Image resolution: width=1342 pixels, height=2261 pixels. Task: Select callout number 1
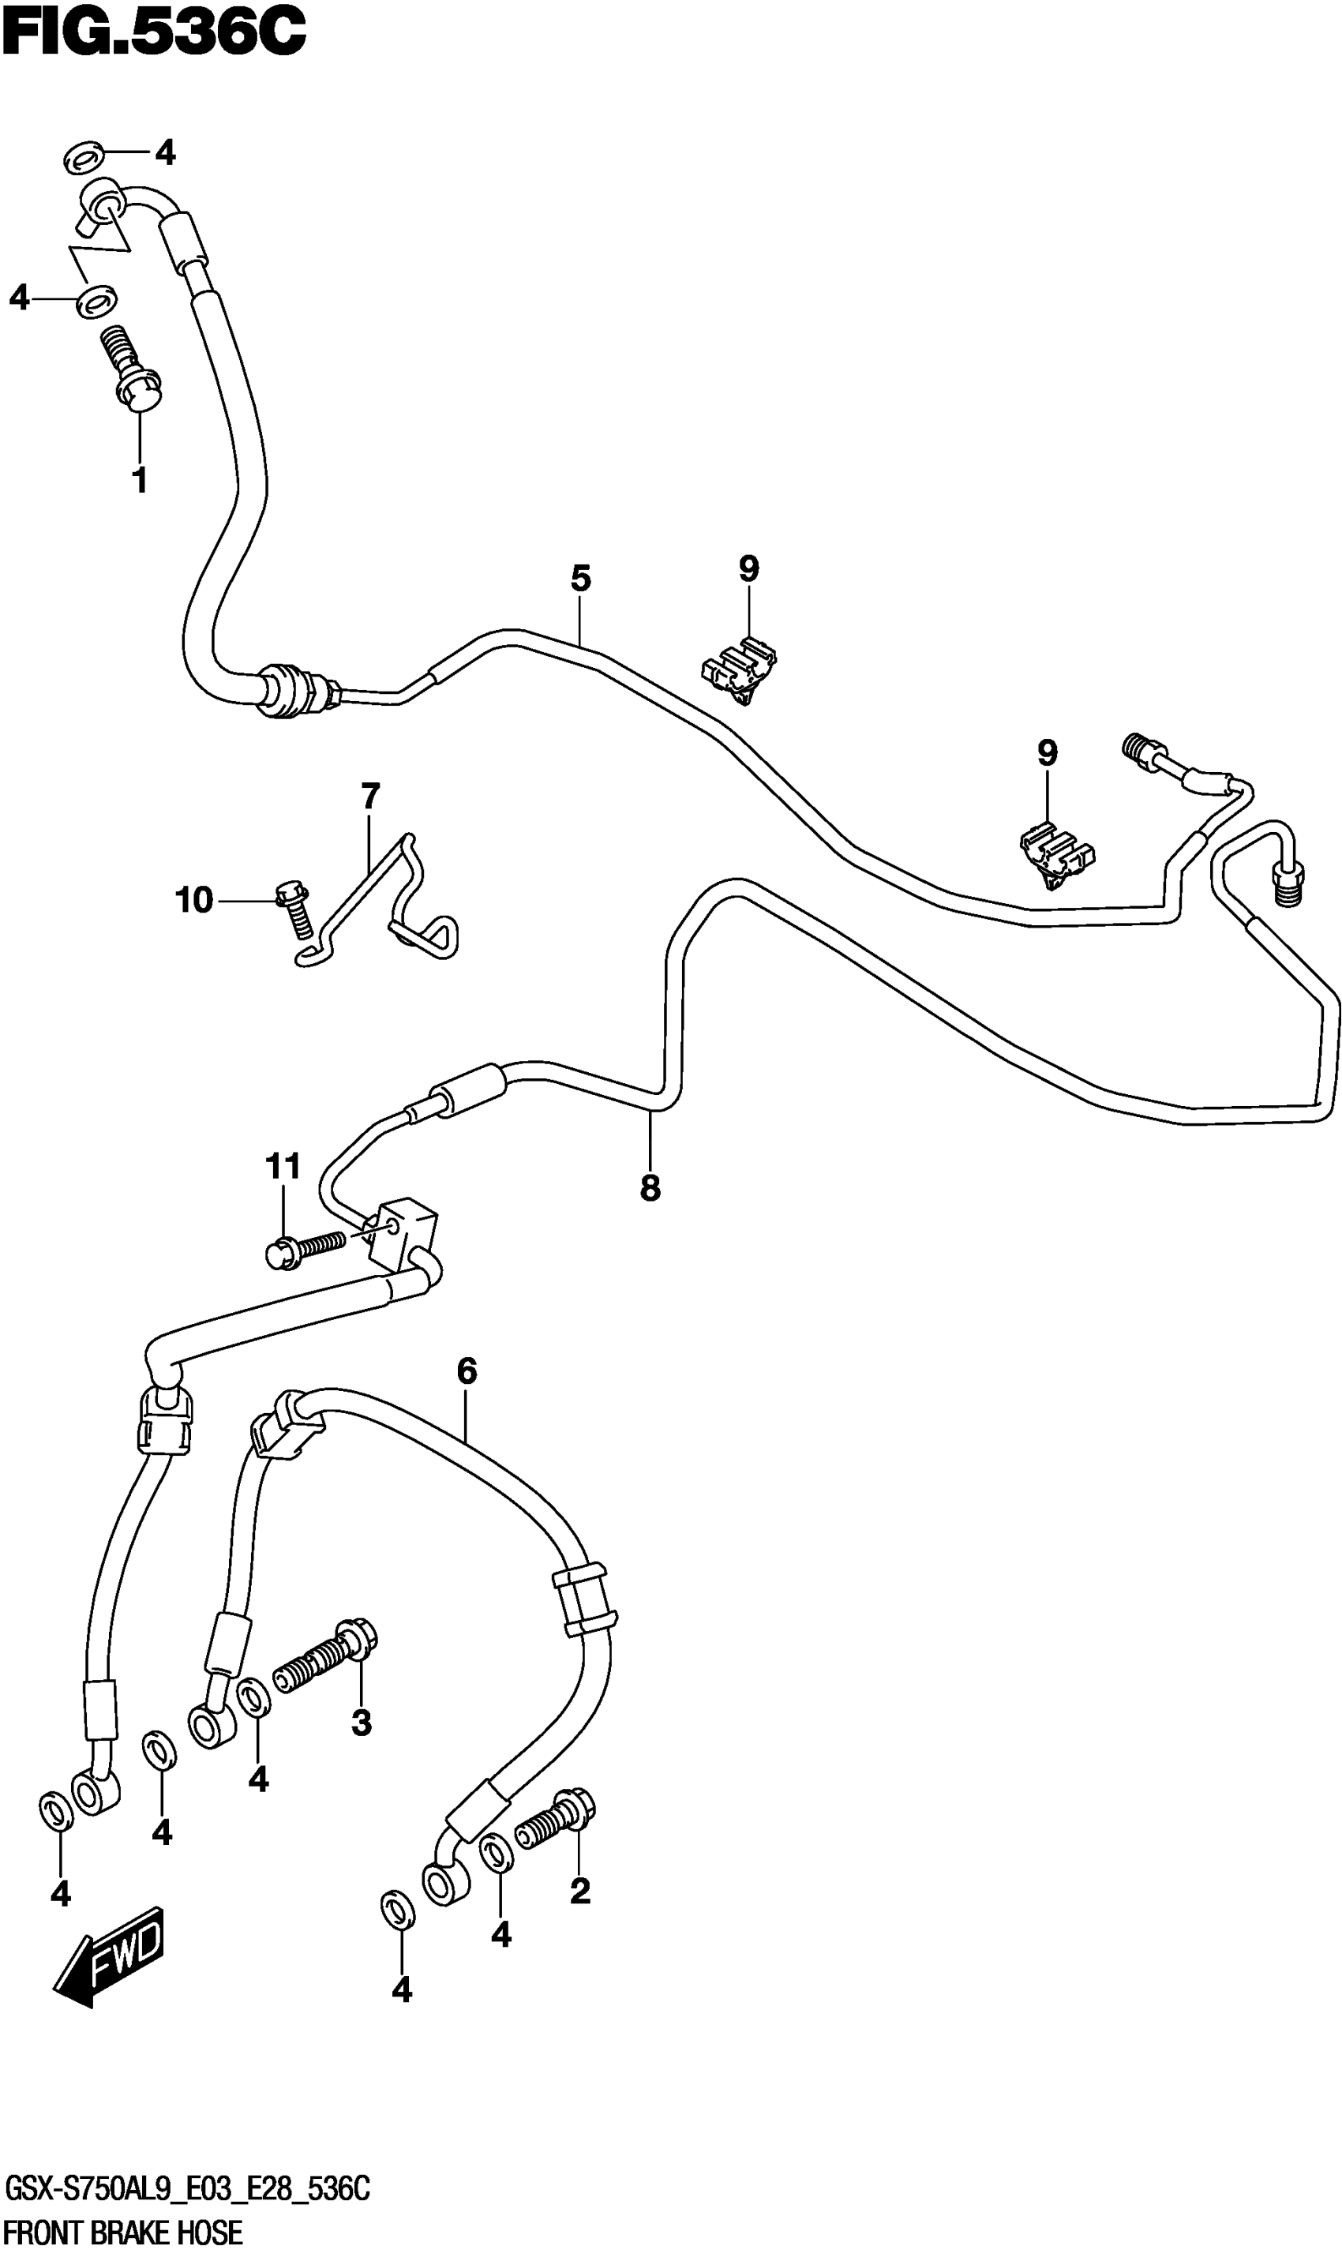coord(139,480)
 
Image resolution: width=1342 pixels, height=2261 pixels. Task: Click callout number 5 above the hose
coord(580,579)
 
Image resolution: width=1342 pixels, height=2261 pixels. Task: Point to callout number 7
coord(370,797)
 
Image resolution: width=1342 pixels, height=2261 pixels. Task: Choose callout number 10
coord(193,900)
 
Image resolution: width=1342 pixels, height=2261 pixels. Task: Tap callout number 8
coord(650,1187)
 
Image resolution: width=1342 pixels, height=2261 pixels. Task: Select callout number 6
coord(467,1372)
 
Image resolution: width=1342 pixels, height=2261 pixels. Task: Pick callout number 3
coord(361,1723)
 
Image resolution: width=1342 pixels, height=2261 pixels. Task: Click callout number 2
coord(579,1890)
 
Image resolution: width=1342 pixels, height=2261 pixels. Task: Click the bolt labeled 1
coord(134,370)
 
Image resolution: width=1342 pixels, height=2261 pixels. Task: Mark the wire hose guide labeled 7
coord(380,905)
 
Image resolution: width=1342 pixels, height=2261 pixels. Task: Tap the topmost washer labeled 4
coord(83,156)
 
